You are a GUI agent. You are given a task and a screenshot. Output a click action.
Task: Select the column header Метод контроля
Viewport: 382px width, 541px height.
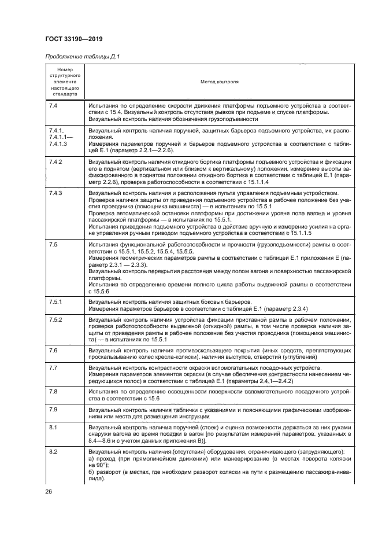click(220, 82)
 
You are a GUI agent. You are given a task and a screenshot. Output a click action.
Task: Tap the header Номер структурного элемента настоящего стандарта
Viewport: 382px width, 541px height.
click(64, 82)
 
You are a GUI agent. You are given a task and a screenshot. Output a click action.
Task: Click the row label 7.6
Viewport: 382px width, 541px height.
click(53, 351)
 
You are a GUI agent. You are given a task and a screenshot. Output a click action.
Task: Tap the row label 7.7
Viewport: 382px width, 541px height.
click(53, 368)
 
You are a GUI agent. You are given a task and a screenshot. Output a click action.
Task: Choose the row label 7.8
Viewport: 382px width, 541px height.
click(53, 392)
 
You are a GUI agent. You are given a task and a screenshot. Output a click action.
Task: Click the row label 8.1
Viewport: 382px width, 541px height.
click(53, 428)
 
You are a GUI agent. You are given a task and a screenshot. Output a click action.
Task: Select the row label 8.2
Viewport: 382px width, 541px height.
click(53, 451)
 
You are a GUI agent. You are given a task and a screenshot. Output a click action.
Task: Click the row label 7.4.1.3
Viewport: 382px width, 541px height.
click(60, 143)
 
